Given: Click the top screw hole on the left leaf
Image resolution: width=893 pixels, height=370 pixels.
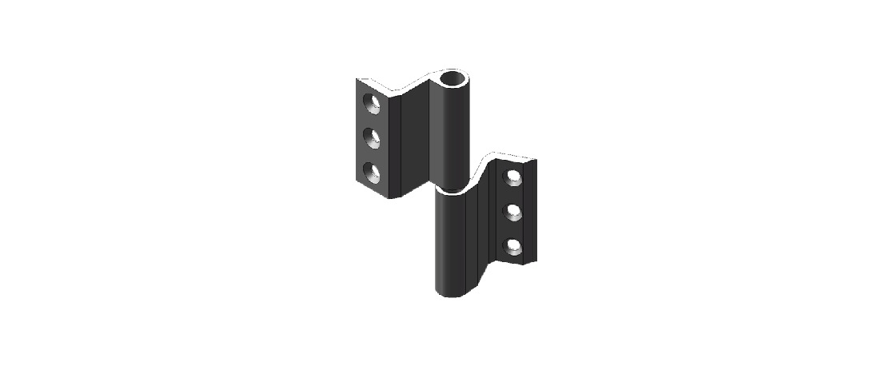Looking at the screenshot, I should [373, 103].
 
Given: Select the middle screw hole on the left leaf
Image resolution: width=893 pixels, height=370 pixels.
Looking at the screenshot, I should [373, 137].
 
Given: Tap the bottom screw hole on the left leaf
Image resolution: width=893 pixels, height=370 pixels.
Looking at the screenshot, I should [373, 171].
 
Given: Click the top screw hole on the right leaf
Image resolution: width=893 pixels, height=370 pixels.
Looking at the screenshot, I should [513, 177].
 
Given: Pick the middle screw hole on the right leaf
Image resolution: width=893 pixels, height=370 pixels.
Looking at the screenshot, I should [513, 211].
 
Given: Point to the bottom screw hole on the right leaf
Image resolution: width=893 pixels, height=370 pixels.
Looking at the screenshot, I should [513, 245].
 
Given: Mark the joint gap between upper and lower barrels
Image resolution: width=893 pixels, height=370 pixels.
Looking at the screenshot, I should [451, 191].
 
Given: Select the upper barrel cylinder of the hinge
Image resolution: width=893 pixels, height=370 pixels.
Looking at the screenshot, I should [451, 136].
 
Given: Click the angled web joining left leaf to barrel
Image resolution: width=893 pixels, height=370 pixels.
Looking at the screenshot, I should [414, 136].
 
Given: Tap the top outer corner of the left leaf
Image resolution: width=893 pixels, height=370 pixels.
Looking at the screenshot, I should [357, 78].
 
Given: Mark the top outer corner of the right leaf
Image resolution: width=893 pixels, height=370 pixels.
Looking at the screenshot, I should [535, 161].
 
